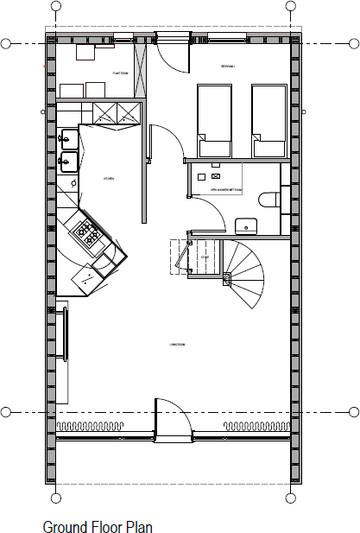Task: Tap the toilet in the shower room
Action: click(x=269, y=200)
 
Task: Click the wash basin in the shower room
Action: click(x=248, y=225)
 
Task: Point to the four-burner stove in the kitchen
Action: click(x=88, y=231)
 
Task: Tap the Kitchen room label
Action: click(x=109, y=178)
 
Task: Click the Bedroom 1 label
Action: click(x=228, y=66)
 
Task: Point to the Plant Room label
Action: click(x=120, y=73)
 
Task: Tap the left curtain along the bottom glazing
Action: click(x=90, y=427)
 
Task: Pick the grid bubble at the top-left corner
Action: click(x=6, y=42)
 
